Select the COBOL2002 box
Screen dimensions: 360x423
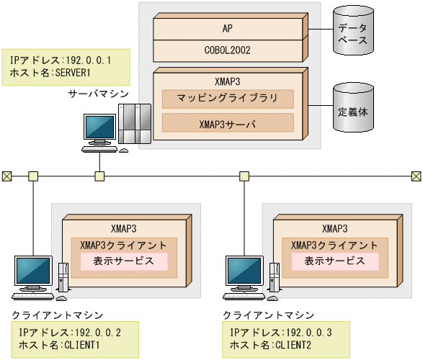[x=228, y=50]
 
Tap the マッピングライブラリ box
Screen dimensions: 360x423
[x=228, y=99]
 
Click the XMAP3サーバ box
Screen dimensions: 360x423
[x=228, y=124]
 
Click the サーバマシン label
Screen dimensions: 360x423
[x=98, y=94]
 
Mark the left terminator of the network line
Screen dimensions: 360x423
[x=6, y=175]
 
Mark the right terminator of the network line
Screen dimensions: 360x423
[x=417, y=175]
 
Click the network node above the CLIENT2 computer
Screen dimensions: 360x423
[x=244, y=175]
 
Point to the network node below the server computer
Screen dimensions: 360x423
[x=100, y=175]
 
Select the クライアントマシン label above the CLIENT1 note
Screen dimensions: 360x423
[x=57, y=315]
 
